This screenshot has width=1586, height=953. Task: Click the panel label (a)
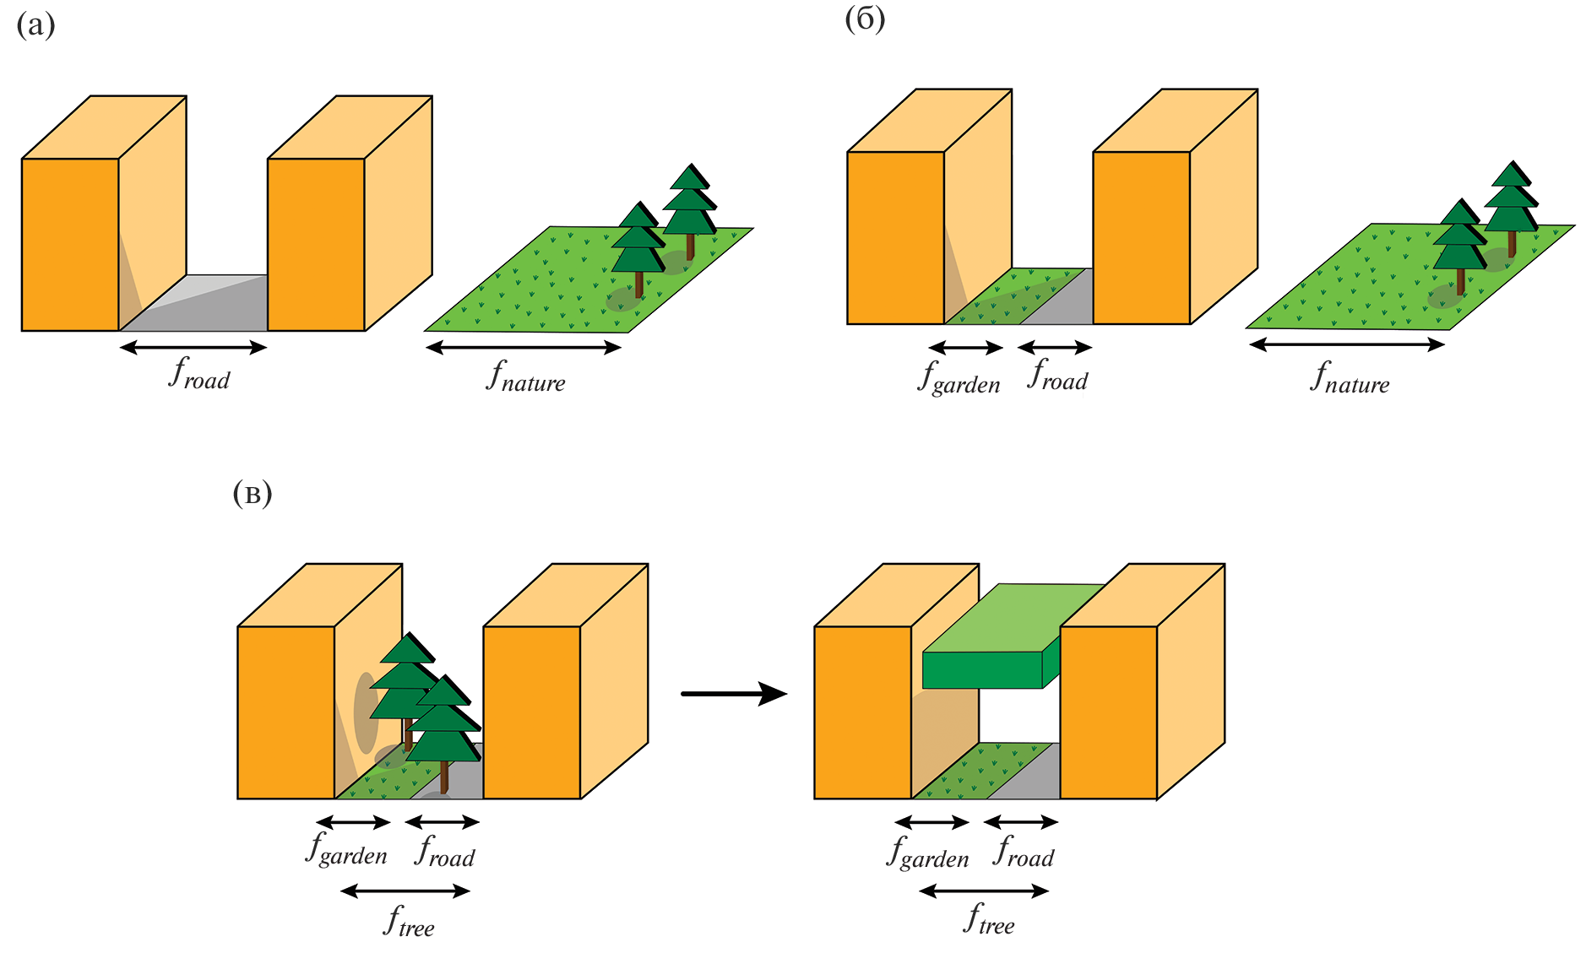coord(35,26)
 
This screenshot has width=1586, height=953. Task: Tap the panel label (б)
coord(865,19)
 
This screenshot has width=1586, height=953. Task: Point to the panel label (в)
coord(252,494)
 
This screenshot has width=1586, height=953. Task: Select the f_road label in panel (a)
coord(199,373)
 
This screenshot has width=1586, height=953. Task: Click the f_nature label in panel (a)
coord(525,376)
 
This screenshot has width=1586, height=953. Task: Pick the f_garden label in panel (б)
coord(959,377)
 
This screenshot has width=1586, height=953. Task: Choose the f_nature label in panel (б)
coord(1350,377)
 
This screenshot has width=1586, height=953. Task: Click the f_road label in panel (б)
coord(1057,375)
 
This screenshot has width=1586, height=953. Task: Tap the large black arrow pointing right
coord(733,694)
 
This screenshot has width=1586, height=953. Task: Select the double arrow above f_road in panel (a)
coord(193,347)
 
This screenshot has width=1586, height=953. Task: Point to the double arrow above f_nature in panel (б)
coord(1347,344)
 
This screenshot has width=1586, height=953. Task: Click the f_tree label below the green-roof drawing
coord(989,919)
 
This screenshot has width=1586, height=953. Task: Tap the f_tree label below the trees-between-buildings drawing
coord(409,921)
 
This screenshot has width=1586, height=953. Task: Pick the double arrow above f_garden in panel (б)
coord(965,347)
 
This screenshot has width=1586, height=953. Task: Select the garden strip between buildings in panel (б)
coord(1005,300)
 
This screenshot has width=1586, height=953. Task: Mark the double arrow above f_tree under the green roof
coord(984,891)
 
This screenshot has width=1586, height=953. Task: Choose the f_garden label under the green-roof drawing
coord(927,852)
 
